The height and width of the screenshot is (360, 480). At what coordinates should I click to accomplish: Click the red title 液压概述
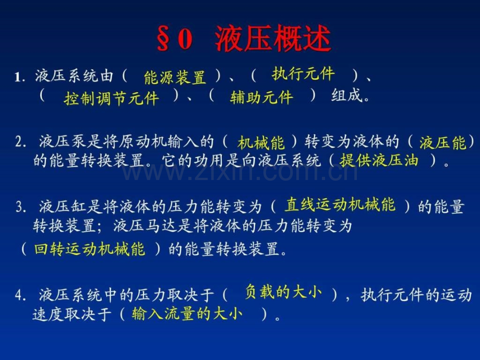pos(273,38)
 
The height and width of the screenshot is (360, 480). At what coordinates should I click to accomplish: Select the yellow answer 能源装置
pos(175,77)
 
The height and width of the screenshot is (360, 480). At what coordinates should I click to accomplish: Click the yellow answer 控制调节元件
pos(112,98)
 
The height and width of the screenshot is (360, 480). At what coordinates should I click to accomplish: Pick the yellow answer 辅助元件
pos(261,98)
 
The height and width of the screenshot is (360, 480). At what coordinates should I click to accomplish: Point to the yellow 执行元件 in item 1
pos(303,74)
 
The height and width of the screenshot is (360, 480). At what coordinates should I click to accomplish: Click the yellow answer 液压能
pos(442,142)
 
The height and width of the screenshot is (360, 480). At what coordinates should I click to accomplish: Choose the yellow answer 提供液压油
pos(379,160)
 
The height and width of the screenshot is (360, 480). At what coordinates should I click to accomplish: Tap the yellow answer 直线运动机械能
pos(340,205)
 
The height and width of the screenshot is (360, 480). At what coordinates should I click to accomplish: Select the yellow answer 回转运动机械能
pos(89,249)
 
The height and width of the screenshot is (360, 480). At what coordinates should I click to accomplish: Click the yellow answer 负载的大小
pos(283,292)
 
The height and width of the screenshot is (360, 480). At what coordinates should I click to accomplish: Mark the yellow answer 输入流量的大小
pos(187,314)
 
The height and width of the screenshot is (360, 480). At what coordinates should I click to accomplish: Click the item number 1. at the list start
pos(20,77)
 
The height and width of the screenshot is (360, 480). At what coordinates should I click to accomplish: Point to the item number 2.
pos(20,142)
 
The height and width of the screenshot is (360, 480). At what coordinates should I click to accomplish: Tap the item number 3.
pos(20,207)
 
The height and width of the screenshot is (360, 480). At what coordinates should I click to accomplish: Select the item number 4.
pos(20,295)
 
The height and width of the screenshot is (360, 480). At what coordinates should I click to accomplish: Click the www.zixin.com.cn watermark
pos(240,172)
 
